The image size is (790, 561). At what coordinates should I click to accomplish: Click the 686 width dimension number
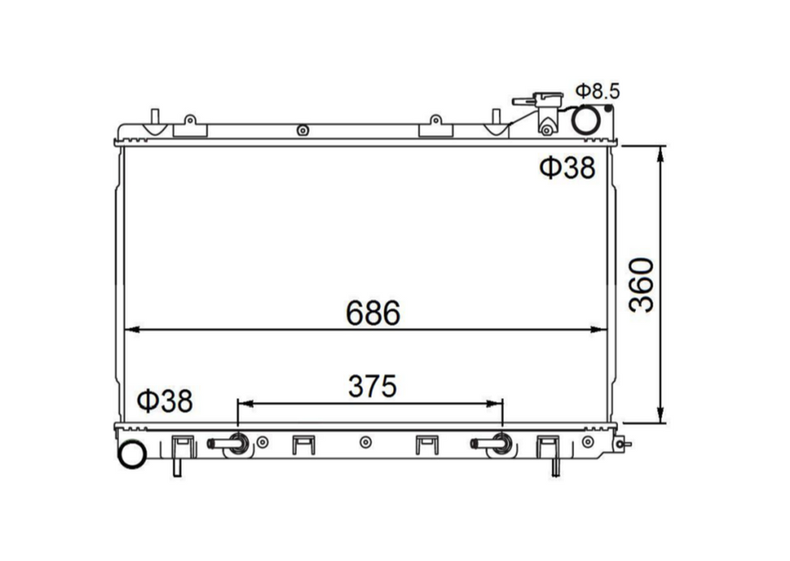pos(373,313)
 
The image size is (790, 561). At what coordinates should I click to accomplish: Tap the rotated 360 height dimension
pos(642,285)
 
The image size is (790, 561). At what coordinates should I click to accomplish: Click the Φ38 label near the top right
pos(568,168)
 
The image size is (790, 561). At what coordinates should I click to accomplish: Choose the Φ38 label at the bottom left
pos(165,401)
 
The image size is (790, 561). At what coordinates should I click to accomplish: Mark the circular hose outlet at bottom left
pos(131,455)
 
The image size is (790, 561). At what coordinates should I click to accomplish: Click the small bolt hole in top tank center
pos(303,130)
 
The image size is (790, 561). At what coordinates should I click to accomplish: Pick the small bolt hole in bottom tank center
pos(365,442)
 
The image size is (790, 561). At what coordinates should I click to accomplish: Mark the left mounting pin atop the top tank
pos(154,116)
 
